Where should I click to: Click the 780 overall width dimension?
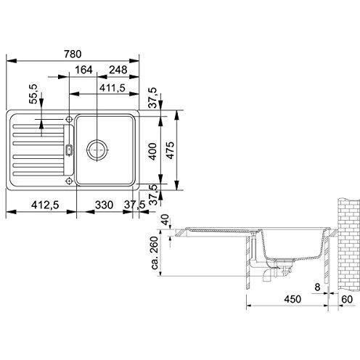(x=73, y=54)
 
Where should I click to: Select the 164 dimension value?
(x=83, y=70)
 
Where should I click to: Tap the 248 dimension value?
(x=118, y=70)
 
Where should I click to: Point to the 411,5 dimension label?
(x=112, y=88)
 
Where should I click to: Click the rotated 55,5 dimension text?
(x=33, y=94)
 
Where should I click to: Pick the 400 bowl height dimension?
(x=152, y=152)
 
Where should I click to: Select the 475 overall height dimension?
(x=171, y=150)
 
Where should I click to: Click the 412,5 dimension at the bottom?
(x=45, y=205)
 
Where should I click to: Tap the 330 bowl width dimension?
(x=104, y=205)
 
